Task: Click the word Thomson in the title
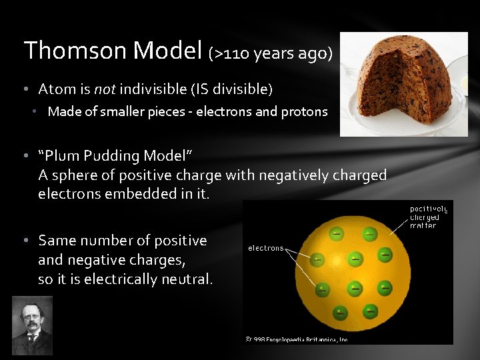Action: click(x=76, y=51)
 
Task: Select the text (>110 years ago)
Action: click(x=271, y=53)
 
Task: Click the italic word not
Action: click(x=104, y=89)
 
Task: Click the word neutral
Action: click(x=185, y=279)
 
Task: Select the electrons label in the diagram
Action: click(x=266, y=248)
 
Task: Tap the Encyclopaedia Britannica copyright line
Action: click(x=297, y=339)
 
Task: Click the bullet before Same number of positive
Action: click(x=24, y=240)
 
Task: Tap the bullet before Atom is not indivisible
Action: click(x=24, y=89)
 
